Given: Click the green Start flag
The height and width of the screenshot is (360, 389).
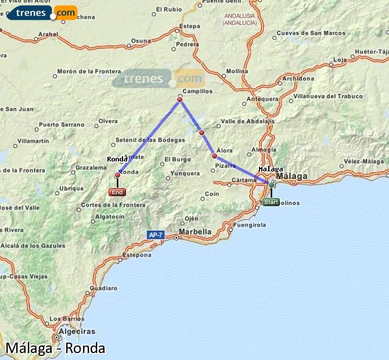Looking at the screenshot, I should coord(271,202).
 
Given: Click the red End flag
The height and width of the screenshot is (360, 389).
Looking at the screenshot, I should coord(117,192).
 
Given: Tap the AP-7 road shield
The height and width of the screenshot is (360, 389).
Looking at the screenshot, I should coord(155,235).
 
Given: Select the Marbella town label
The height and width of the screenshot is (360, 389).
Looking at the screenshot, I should coord(195,231).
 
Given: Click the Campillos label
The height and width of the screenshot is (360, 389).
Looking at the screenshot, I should coord(197,91).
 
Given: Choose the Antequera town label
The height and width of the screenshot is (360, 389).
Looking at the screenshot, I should coord(262,99).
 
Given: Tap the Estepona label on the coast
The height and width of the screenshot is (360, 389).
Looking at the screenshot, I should coord(137,254).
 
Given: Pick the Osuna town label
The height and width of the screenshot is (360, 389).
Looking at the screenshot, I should coord(141,40).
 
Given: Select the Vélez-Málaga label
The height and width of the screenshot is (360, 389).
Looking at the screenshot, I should coord(364,161).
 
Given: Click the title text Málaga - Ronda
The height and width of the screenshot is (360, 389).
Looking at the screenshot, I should coord(55,348).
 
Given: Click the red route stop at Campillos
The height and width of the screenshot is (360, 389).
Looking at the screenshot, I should coord(180,100).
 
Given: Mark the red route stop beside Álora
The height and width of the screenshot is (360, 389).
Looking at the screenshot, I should coord(214,156).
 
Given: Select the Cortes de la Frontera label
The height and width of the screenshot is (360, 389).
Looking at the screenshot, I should coord(113,204).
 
